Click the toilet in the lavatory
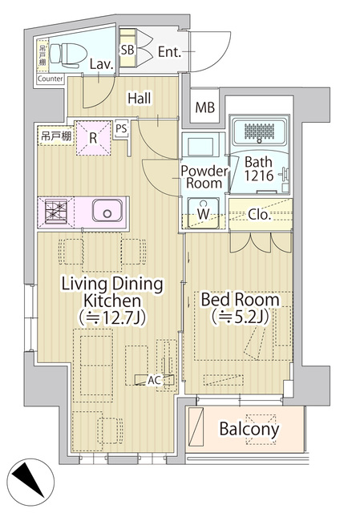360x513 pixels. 68,55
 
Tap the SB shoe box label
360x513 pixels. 127,50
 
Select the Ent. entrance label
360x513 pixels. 169,52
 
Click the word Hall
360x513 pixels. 140,99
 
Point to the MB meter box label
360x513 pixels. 205,107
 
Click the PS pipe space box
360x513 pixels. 121,128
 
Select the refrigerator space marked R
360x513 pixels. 93,138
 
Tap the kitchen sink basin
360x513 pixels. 107,211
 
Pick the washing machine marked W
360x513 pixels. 203,213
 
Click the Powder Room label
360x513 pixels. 204,176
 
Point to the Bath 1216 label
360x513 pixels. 259,169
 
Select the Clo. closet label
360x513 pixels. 260,214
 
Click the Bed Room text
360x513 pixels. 241,299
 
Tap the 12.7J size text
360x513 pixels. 111,317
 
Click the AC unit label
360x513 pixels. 155,380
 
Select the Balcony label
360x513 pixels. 249,429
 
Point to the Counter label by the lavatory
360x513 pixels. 50,79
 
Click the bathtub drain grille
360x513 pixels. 259,131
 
